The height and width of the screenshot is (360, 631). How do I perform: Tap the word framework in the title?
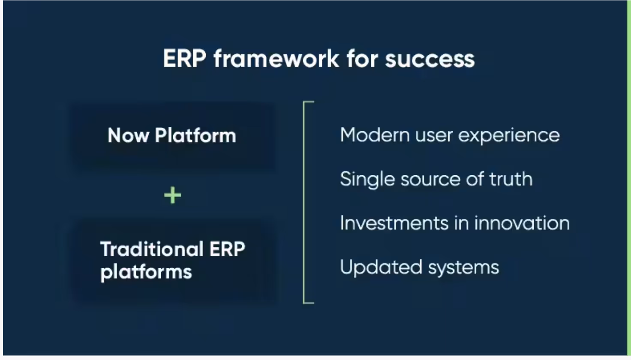coord(276,59)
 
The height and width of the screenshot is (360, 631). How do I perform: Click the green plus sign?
coord(172,196)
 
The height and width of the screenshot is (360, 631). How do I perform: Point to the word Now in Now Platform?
coord(128,135)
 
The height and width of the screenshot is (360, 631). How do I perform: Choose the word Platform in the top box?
coord(195,135)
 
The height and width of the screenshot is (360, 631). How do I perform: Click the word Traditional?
coord(152,249)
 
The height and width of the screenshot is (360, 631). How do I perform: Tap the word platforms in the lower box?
coord(146,272)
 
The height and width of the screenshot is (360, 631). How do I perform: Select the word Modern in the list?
coord(375,135)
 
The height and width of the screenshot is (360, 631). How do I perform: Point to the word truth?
coord(511,179)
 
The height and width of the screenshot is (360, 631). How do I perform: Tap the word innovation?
coord(522,223)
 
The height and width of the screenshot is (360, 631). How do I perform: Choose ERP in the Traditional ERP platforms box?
coord(227,249)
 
